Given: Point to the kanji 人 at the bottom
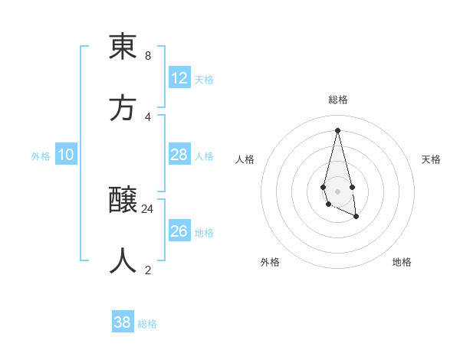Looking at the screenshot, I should (123, 261).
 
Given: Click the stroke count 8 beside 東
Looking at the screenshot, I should (147, 56).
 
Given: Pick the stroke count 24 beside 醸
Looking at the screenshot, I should (147, 208).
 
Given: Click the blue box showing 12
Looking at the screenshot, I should (179, 78).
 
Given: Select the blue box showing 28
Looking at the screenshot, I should (179, 155).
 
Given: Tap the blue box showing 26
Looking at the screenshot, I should (179, 231).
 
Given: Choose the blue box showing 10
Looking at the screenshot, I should (66, 155).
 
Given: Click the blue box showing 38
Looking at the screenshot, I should (123, 322).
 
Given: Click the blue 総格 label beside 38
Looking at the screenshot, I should (147, 324).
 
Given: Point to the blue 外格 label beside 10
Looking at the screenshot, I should (41, 156).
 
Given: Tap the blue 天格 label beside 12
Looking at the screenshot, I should (203, 80).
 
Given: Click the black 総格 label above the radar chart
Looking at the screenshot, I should (338, 100).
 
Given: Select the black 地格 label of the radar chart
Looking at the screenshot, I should (402, 262).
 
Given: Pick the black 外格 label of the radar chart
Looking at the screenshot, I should (270, 262).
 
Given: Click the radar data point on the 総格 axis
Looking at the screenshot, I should (338, 129).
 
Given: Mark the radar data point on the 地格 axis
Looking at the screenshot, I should (356, 218).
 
